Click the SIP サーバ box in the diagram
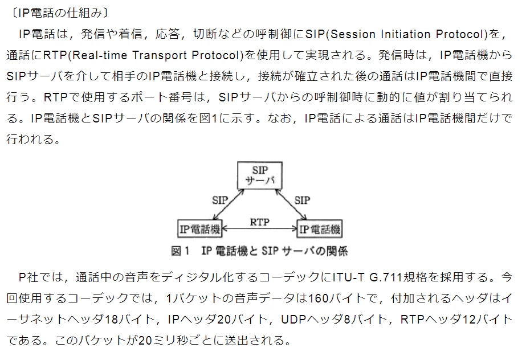[260, 175]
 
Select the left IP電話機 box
[200, 228]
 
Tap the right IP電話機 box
[320, 228]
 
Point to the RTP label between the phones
[260, 222]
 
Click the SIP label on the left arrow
[220, 200]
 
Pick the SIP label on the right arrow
[302, 200]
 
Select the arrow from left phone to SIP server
[229, 204]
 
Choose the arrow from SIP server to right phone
[291, 204]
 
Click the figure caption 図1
[180, 251]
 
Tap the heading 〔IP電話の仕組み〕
[59, 13]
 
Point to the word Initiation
[406, 34]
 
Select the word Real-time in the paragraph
[100, 55]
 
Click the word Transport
[159, 55]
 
